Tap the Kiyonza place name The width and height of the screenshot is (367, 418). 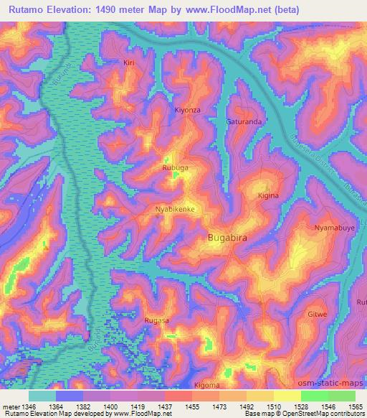[x=189, y=110]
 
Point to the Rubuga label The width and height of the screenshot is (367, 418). [x=175, y=168]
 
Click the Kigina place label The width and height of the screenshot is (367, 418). [x=268, y=195]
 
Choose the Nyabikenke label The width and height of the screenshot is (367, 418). [x=176, y=209]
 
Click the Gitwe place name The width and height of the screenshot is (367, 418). [x=317, y=315]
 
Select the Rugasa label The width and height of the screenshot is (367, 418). [x=156, y=320]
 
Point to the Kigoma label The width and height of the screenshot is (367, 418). [x=207, y=385]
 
